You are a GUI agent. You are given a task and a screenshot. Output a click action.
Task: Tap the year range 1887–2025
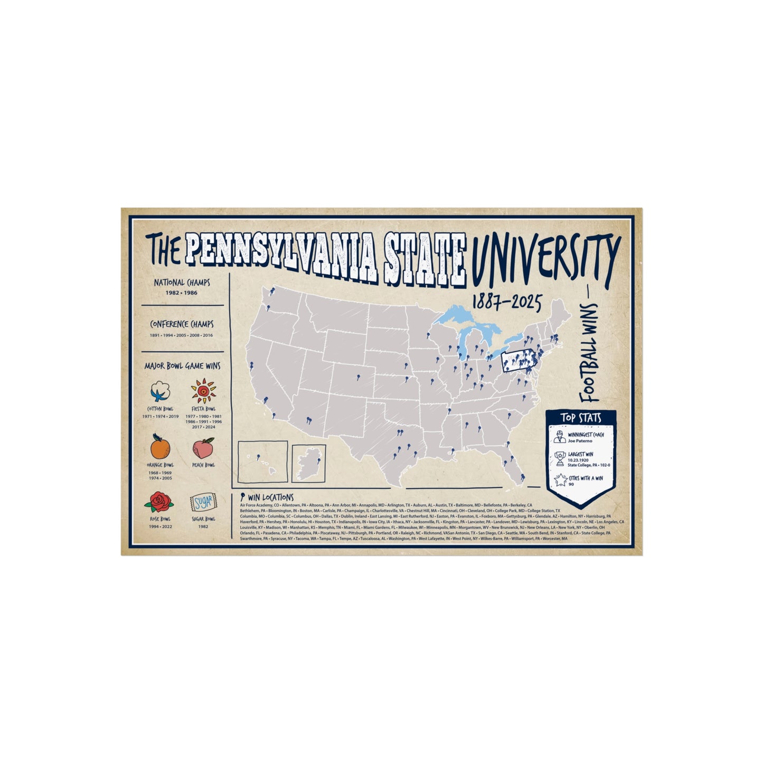click(507, 303)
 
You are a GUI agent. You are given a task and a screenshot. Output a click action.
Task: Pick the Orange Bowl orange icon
click(161, 448)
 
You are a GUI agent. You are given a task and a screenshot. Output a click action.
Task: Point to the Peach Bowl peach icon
click(203, 449)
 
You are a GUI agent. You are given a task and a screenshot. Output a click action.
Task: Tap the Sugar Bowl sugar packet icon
click(203, 503)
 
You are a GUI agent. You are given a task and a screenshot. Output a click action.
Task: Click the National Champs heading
click(182, 283)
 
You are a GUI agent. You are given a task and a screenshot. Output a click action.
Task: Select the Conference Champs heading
click(182, 324)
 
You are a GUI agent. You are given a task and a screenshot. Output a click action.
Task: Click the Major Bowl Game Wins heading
click(182, 365)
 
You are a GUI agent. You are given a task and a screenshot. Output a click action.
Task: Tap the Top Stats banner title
click(581, 418)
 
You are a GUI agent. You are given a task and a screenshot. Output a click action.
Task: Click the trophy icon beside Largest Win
click(560, 458)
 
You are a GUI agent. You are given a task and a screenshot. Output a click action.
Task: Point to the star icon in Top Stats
click(560, 481)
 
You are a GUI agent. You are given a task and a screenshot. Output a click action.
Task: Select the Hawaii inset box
click(263, 462)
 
